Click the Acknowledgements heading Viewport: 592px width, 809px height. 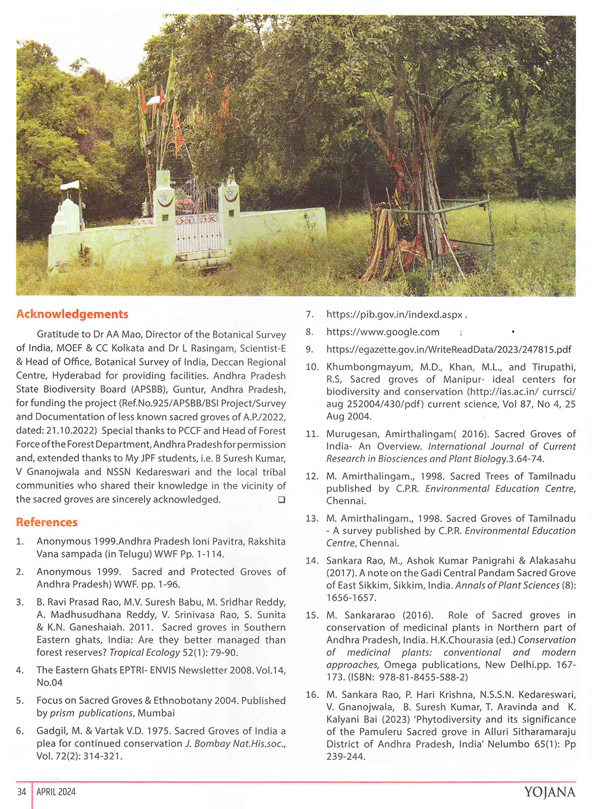coord(72,314)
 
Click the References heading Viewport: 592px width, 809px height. coord(47,522)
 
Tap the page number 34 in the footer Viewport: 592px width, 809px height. coord(22,792)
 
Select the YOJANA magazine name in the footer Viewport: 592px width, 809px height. coord(549,792)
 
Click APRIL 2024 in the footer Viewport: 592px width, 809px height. coord(56,792)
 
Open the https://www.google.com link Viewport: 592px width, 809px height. coord(382,332)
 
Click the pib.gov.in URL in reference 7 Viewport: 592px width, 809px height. coord(394,315)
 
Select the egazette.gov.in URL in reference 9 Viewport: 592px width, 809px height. coord(449,350)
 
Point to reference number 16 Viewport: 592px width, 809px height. coord(312,694)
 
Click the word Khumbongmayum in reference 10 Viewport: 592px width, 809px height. coord(364,367)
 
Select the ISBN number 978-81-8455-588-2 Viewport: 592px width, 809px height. coord(424,677)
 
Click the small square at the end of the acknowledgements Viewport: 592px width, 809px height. coord(282,500)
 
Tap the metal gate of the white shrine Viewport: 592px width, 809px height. coord(198,231)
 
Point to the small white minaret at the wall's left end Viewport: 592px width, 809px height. coord(66,213)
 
